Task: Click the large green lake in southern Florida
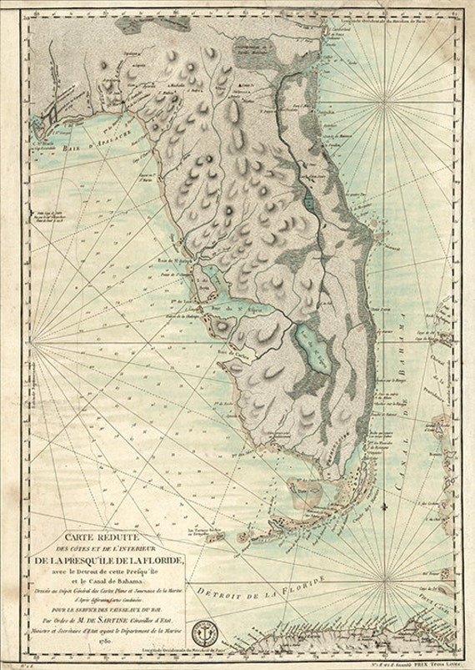(x=312, y=345)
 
